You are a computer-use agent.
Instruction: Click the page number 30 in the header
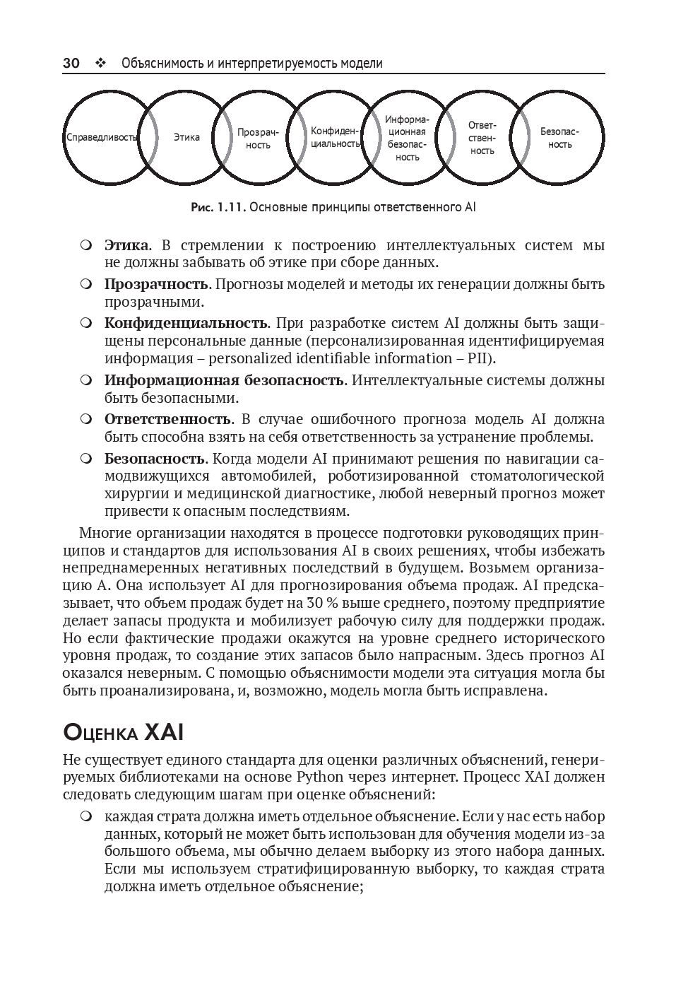click(71, 64)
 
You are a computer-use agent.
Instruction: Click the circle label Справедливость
click(101, 138)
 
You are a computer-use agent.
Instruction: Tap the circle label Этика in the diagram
click(186, 138)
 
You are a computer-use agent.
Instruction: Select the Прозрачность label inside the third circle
click(258, 139)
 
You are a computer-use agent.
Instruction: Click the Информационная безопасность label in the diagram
click(407, 138)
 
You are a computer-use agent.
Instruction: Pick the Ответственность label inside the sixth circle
click(482, 138)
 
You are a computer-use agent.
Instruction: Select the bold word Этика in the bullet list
click(126, 245)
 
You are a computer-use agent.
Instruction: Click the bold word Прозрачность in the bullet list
click(156, 284)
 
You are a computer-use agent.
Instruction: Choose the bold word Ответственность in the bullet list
click(167, 419)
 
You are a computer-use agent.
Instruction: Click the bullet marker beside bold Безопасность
click(86, 459)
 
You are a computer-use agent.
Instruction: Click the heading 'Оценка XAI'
click(124, 732)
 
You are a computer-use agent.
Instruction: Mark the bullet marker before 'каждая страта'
click(86, 817)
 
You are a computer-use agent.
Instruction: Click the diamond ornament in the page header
click(100, 64)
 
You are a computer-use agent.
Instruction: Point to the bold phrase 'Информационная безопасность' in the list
click(223, 380)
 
